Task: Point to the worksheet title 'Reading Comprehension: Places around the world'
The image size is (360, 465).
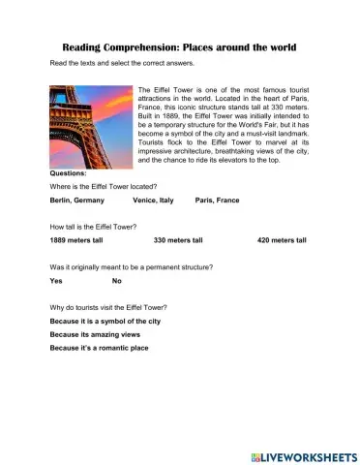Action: pyautogui.click(x=179, y=46)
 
